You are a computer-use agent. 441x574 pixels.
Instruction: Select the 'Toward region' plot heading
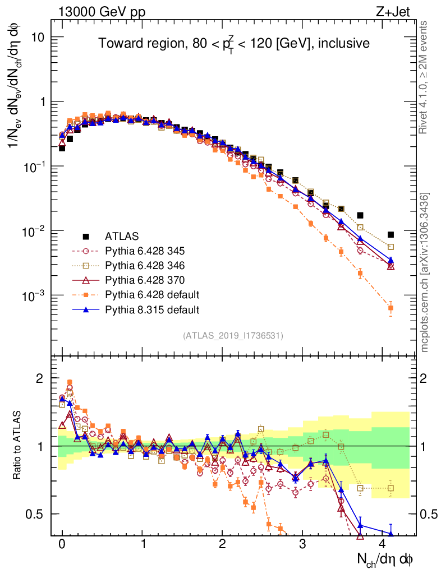pos(234,44)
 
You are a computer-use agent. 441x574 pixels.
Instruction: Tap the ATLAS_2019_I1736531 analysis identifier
pos(233,336)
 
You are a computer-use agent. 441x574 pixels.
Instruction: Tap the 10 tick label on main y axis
pos(37,37)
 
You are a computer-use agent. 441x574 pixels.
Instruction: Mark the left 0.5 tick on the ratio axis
pos(35,513)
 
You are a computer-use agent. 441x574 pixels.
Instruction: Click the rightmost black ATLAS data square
pos(391,234)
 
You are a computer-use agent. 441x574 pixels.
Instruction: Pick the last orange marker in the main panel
pos(391,308)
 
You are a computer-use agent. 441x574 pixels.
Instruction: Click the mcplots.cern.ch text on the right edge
pos(425,272)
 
